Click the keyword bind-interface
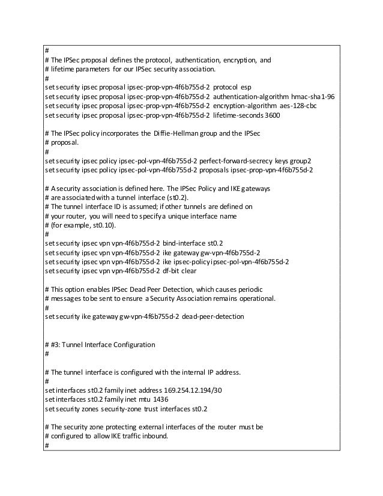[x=184, y=243]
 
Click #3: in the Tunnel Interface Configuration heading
[x=57, y=344]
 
